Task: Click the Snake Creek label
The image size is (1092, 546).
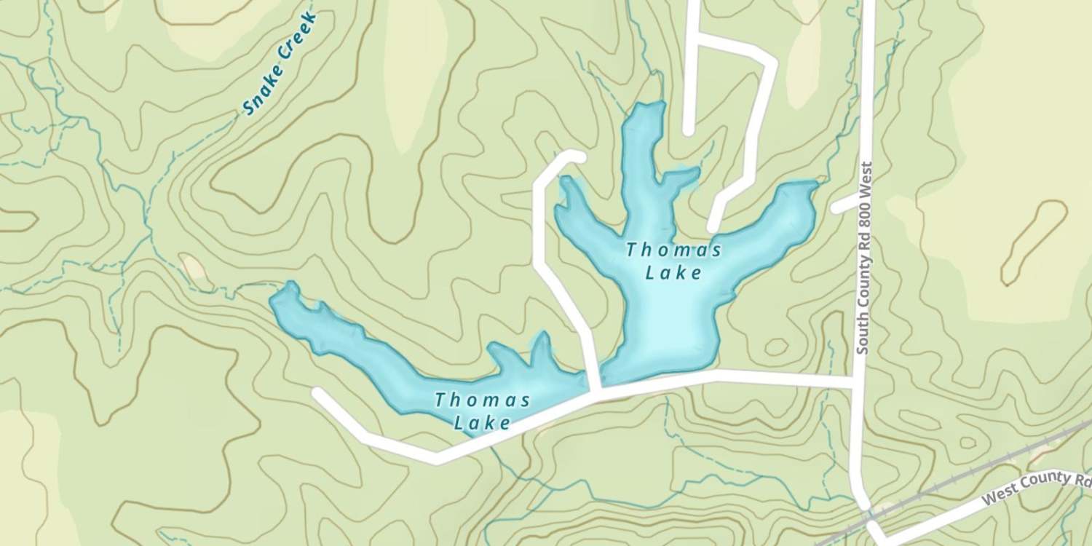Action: pos(280,64)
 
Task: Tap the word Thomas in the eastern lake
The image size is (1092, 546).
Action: pos(674,250)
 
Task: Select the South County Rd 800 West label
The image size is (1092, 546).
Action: pos(864,258)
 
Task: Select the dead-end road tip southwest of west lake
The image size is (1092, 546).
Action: pos(317,393)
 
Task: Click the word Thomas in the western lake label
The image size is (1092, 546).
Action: pos(482,400)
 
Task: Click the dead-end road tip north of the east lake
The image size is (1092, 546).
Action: pos(688,131)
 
